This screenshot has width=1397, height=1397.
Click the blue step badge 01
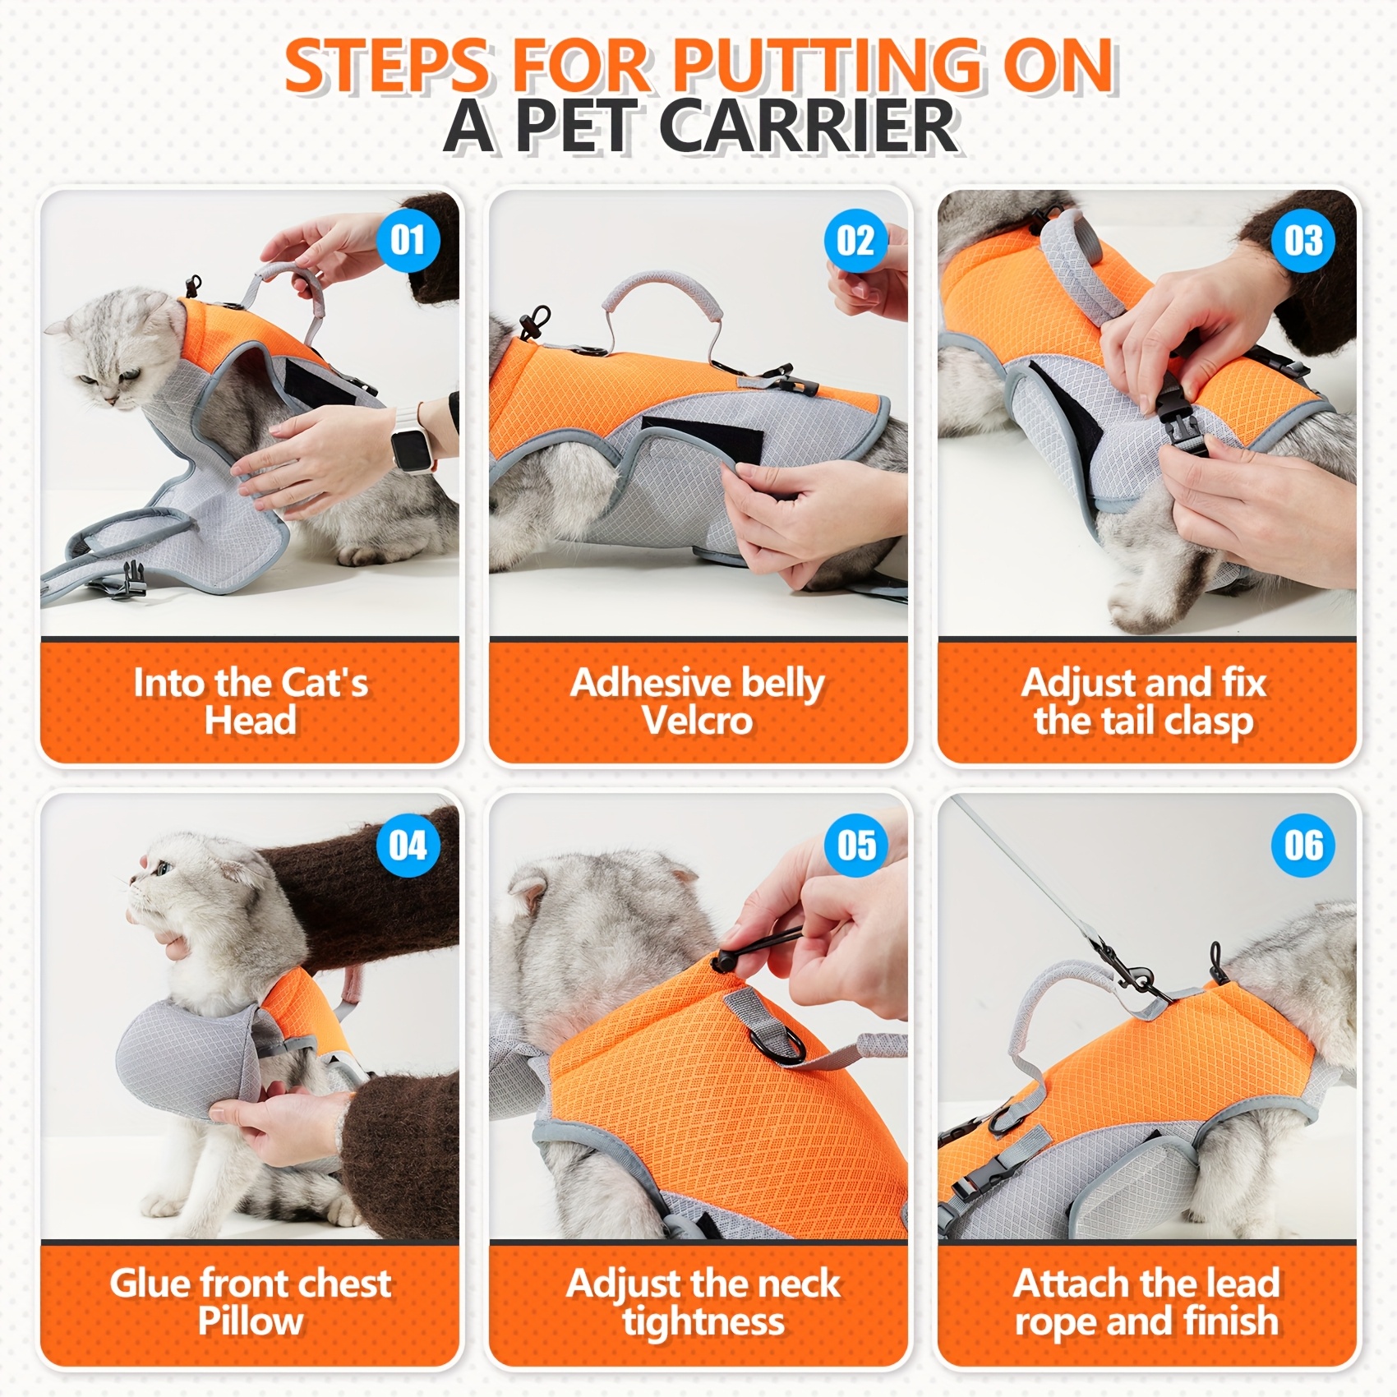point(408,241)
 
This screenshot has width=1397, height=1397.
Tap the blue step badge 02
point(855,241)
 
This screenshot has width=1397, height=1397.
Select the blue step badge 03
point(1303,241)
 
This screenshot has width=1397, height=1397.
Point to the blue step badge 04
point(408,845)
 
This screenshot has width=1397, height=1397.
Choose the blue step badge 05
point(855,845)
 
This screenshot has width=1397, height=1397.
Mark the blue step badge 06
point(1303,845)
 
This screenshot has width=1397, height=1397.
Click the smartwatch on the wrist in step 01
point(408,448)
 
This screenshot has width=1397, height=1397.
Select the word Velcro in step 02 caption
point(697,721)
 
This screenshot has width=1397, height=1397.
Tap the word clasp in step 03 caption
point(1209,722)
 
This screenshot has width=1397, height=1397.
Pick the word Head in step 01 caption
point(250,721)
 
